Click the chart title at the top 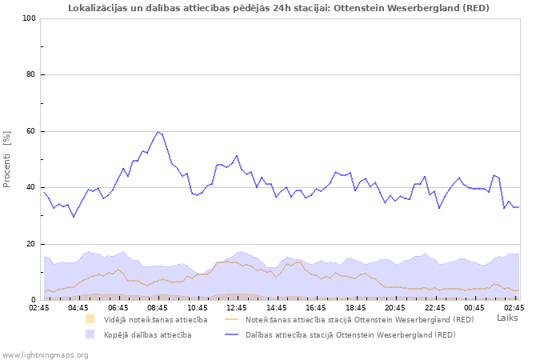tap(278, 8)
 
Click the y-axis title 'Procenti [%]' tap(7, 159)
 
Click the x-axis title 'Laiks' tap(507, 318)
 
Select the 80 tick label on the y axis tap(31, 75)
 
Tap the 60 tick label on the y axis tap(31, 131)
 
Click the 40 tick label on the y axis tap(31, 188)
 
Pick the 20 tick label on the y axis tap(31, 244)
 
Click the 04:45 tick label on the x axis tap(78, 306)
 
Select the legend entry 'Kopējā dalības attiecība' tap(147, 334)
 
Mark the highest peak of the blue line tap(158, 132)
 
